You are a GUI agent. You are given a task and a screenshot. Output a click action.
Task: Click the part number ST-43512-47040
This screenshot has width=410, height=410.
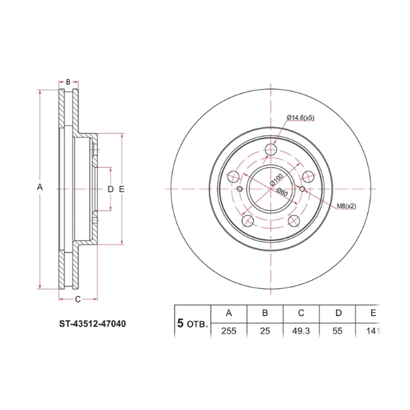pyautogui.click(x=92, y=324)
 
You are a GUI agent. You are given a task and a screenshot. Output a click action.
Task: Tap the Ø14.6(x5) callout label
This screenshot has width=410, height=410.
pyautogui.click(x=300, y=118)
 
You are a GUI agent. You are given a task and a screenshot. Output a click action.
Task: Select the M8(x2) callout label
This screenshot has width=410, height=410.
pyautogui.click(x=346, y=206)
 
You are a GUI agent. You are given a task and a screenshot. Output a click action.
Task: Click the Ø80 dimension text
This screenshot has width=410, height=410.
pyautogui.click(x=282, y=192)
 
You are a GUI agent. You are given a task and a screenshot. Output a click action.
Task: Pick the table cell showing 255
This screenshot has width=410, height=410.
pyautogui.click(x=229, y=331)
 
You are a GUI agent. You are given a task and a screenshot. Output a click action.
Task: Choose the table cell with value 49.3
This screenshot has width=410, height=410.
pyautogui.click(x=301, y=331)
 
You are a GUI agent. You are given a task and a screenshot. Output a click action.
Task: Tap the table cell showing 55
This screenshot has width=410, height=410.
pyautogui.click(x=338, y=331)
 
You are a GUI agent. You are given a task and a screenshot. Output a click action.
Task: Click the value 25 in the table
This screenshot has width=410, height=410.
pyautogui.click(x=265, y=331)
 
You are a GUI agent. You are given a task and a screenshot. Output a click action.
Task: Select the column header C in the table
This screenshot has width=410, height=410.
pyautogui.click(x=301, y=313)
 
